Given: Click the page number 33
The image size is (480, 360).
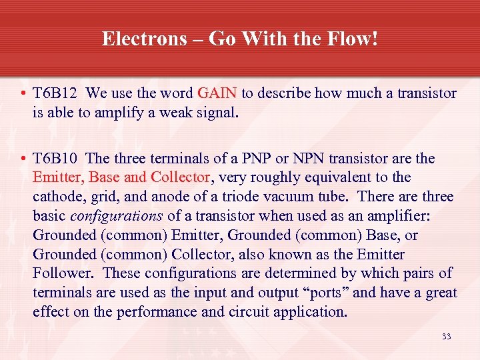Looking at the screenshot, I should (x=446, y=337).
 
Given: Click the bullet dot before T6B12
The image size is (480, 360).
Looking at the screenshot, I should (x=23, y=93).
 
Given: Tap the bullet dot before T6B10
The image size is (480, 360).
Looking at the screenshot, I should (x=23, y=159).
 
